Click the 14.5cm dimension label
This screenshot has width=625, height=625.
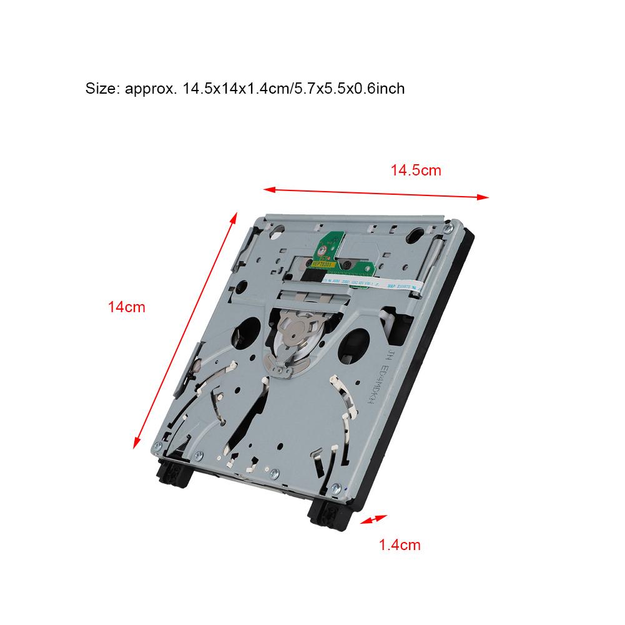(x=416, y=170)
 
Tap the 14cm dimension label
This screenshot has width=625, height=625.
(x=126, y=307)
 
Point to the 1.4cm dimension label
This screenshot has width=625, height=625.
(x=400, y=545)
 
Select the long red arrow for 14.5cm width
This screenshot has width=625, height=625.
(x=375, y=192)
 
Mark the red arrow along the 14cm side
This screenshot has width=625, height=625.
(x=186, y=330)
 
